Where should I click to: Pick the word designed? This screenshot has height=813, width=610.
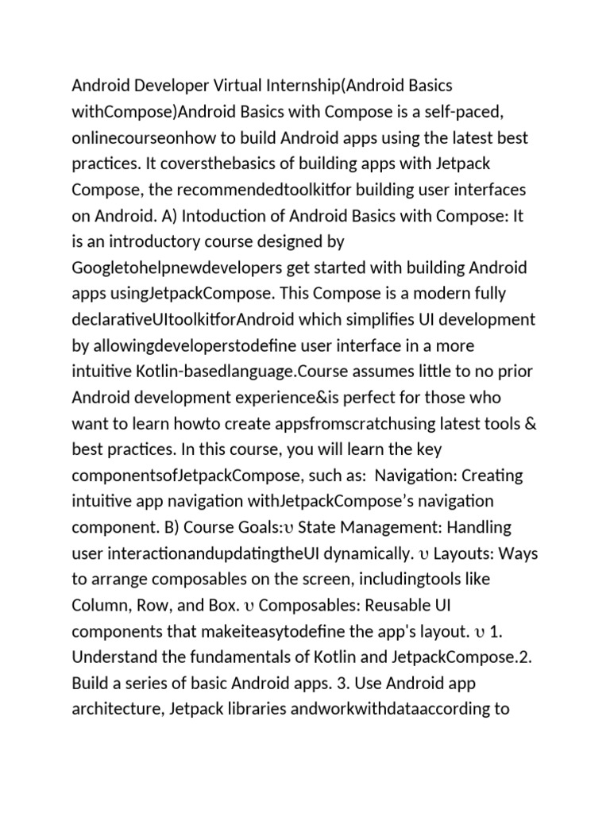(x=304, y=241)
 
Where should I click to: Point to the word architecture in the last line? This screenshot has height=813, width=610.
(x=114, y=709)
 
